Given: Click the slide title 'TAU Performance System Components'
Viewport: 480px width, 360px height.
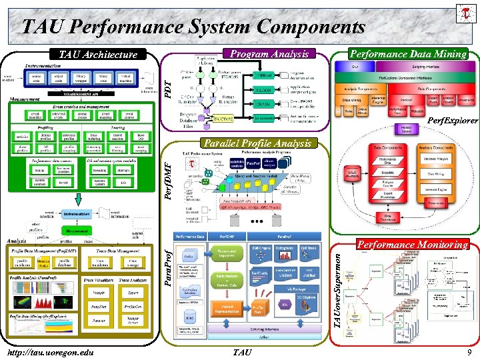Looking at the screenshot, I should (193, 27).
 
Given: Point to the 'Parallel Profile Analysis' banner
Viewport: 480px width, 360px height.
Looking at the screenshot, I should (257, 143).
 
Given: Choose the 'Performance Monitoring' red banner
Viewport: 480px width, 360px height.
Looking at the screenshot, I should (413, 245).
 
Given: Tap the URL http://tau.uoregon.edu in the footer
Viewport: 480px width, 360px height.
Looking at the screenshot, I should (51, 352).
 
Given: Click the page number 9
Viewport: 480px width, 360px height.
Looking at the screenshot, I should (469, 352).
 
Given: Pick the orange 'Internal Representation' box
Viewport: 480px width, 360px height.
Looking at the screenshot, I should (227, 308).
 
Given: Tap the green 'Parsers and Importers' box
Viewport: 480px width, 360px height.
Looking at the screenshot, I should (227, 254).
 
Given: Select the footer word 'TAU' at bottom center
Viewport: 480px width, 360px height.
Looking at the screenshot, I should (241, 352).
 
